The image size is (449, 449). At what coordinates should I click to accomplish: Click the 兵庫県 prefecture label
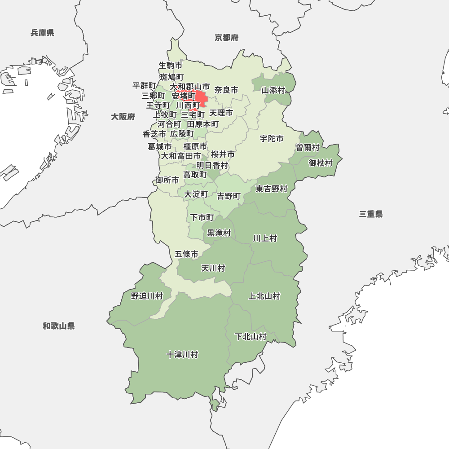(x=43, y=33)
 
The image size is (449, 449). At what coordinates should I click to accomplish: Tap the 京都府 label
(x=226, y=38)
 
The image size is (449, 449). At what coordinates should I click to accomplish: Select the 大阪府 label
(x=123, y=117)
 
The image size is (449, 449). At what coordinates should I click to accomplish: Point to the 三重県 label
(x=371, y=214)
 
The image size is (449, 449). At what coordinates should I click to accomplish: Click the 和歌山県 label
(x=59, y=326)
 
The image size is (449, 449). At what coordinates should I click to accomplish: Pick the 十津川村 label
(x=182, y=355)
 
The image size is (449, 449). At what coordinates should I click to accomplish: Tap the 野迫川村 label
(x=147, y=296)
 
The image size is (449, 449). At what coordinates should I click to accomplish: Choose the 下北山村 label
(x=251, y=337)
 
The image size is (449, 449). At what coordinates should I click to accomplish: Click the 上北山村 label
(x=264, y=296)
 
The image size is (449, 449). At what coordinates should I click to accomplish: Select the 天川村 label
(x=213, y=269)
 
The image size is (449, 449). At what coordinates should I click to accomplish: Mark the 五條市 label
(x=186, y=254)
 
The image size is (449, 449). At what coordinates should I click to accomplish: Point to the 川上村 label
(x=265, y=238)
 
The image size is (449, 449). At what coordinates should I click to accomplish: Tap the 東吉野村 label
(x=272, y=189)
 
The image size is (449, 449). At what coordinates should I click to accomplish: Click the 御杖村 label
(x=321, y=163)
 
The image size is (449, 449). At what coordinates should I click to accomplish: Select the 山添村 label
(x=273, y=90)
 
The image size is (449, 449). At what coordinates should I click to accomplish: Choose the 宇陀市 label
(x=272, y=139)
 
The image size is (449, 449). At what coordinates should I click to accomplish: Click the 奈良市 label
(x=226, y=90)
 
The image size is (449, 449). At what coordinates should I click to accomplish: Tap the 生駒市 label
(x=171, y=66)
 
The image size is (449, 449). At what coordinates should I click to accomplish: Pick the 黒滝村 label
(x=219, y=233)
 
